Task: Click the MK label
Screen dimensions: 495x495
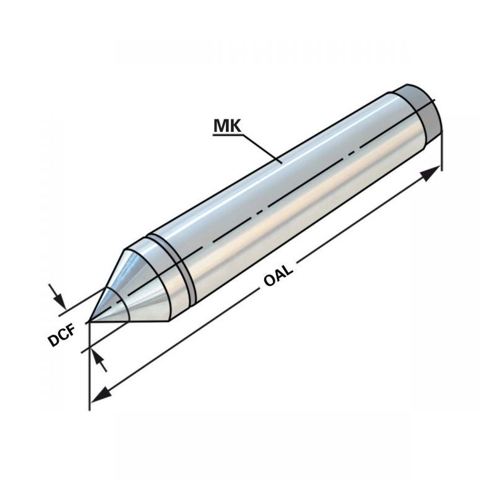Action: pos(227,126)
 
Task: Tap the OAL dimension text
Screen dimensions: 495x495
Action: pos(278,275)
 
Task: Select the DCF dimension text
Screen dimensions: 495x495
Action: pos(62,335)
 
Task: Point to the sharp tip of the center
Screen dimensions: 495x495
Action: pos(89,322)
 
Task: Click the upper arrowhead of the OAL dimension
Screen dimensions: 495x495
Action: pos(430,173)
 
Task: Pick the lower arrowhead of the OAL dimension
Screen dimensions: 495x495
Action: pos(101,395)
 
